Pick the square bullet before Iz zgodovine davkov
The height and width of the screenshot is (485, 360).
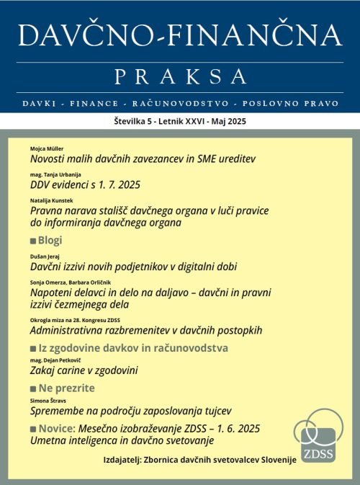[x=33, y=348]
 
